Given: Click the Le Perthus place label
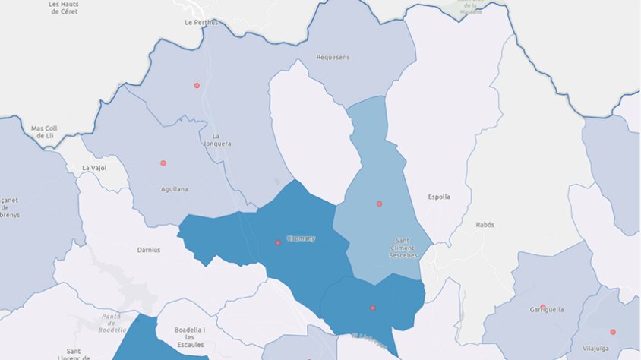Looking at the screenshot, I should pos(201,23).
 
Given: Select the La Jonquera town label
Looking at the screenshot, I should pos(216,139).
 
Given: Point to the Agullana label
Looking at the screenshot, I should pos(175,189).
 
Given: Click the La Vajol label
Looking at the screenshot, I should pos(95,167).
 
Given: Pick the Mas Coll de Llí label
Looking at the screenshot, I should pos(44,132).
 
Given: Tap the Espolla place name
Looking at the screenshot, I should pos(439,197).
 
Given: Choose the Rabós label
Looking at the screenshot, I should pos(485,225).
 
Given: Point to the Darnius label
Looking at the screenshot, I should pos(149,250).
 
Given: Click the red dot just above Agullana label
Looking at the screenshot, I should pos(163,163).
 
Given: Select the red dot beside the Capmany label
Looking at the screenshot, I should pos(278,242).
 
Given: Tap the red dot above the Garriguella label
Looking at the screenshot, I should pos(542,307).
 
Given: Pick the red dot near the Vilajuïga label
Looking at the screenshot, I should pos(612,332).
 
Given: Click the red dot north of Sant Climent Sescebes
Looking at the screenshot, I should pos(379,204).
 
